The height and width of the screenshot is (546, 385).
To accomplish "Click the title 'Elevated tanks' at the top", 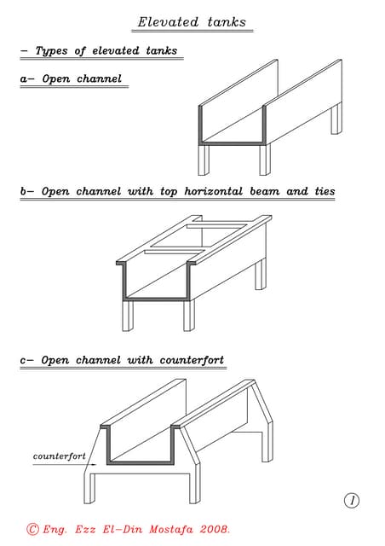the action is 192,22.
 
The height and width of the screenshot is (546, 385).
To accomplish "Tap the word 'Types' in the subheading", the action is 51,51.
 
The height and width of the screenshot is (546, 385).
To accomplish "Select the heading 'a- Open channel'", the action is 71,78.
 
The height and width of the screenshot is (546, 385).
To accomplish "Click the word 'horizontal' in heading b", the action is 214,191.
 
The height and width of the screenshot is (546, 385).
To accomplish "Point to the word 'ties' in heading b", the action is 325,191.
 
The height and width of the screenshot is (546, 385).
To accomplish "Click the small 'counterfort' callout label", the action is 59,456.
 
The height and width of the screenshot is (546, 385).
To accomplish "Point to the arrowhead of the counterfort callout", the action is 94,464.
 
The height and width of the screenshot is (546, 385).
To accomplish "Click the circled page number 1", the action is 352,501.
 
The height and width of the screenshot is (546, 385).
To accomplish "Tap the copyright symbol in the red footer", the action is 32,529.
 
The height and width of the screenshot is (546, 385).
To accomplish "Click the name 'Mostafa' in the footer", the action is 170,530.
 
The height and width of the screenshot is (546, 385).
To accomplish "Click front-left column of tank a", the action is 204,160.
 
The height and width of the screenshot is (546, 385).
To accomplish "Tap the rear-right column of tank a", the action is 336,119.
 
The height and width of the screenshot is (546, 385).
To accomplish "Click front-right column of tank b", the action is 190,315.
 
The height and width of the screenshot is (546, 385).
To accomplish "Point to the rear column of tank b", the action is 261,275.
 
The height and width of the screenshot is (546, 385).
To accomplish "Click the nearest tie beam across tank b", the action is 174,252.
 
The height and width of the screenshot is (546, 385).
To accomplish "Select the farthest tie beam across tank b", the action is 217,227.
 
